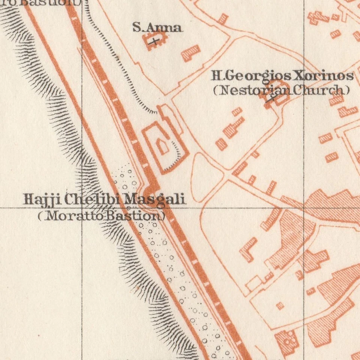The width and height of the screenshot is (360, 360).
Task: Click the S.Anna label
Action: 157,27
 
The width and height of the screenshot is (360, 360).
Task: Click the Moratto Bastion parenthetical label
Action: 101,216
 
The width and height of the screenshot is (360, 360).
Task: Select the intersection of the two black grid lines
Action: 82,207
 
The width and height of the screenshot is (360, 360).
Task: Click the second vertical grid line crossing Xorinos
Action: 304,76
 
